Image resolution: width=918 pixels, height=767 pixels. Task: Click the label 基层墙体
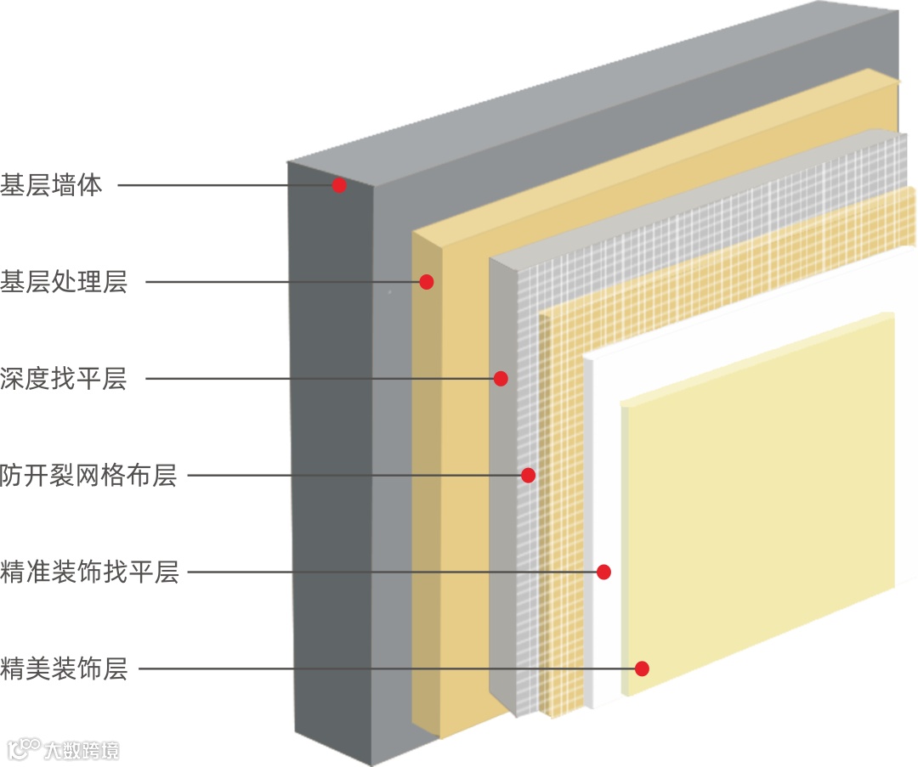pyautogui.click(x=51, y=185)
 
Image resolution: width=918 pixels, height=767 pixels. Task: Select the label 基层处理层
pyautogui.click(x=64, y=282)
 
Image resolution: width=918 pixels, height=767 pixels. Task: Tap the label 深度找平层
pyautogui.click(x=64, y=379)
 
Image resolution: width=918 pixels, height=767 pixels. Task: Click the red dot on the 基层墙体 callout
pyautogui.click(x=339, y=185)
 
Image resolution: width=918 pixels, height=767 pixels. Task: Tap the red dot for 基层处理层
pyautogui.click(x=427, y=282)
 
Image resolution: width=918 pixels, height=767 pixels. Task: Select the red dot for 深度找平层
pyautogui.click(x=501, y=379)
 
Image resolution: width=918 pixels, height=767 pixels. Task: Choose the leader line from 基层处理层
pyautogui.click(x=280, y=282)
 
